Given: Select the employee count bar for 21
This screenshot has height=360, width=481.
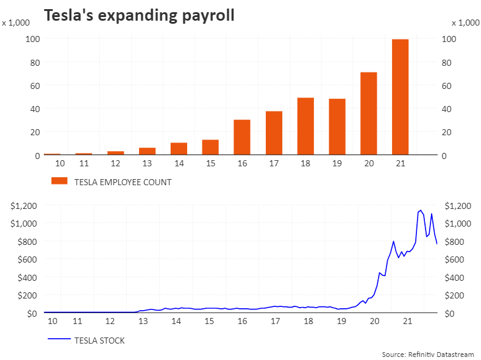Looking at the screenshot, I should [x=400, y=97].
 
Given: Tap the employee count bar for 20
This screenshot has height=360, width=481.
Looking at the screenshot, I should [x=368, y=113].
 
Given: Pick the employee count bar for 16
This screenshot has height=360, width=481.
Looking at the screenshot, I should [x=242, y=137].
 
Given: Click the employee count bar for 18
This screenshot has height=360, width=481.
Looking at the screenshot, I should [x=305, y=126].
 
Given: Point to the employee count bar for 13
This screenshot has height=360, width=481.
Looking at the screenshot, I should [x=147, y=151].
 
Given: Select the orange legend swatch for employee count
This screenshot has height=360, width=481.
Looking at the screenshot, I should [x=59, y=181].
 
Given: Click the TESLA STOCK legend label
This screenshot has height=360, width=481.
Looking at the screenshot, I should [x=99, y=341].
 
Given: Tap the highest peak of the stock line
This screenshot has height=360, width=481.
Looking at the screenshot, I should [x=421, y=210].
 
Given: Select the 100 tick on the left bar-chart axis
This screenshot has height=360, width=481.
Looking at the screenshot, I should [x=33, y=39].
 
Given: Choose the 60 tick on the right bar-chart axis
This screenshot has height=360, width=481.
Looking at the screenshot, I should [x=448, y=86].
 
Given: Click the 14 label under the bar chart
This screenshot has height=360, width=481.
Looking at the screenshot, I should [x=179, y=164].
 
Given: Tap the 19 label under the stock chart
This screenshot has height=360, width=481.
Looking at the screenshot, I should [x=341, y=322].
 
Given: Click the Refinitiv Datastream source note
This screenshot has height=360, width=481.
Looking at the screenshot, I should [x=427, y=354].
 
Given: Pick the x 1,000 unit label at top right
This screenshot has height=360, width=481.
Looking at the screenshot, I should [x=465, y=23].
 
